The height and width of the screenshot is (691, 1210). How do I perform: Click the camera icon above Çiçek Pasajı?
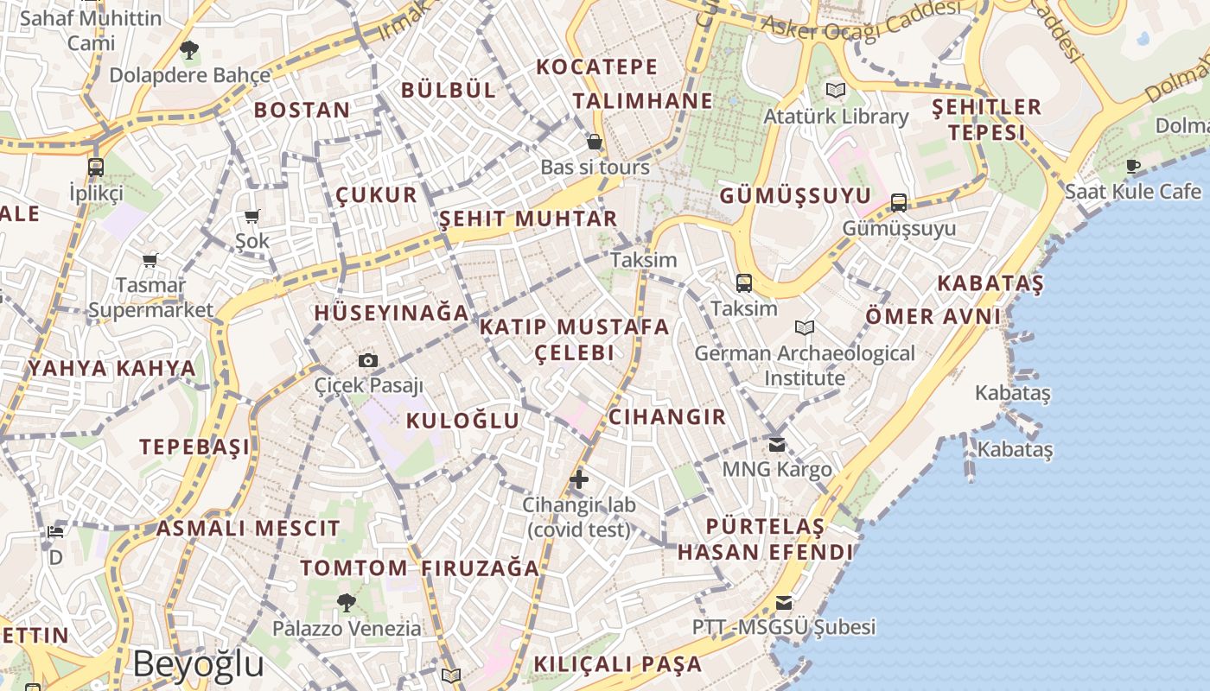368,360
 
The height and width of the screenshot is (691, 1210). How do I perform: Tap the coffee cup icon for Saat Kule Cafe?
1133,166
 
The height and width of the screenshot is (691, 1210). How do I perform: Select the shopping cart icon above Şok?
252,216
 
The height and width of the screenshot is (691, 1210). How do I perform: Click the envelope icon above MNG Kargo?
777,444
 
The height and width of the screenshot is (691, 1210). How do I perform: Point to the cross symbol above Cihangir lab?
579,479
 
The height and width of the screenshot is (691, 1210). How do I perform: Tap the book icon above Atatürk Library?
835,90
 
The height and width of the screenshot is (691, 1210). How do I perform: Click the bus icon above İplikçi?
96,167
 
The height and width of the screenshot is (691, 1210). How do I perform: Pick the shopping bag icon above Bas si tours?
595,142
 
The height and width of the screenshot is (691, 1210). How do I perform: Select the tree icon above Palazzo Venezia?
347,602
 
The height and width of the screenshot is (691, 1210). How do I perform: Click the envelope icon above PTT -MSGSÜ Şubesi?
784,602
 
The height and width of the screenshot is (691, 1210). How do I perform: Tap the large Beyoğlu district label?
198,663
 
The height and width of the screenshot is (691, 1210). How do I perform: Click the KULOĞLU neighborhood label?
463,421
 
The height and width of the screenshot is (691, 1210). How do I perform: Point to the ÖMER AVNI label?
933,316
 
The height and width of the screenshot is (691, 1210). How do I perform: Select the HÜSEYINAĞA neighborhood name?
392,313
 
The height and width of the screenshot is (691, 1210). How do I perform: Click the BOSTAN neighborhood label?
302,110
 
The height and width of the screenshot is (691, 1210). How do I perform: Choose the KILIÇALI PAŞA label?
618,664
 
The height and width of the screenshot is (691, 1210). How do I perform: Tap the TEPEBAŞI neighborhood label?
194,447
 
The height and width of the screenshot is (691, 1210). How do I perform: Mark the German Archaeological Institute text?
805,365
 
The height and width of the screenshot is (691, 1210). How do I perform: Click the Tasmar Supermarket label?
150,297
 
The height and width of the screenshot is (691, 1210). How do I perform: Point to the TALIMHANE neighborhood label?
642,101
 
